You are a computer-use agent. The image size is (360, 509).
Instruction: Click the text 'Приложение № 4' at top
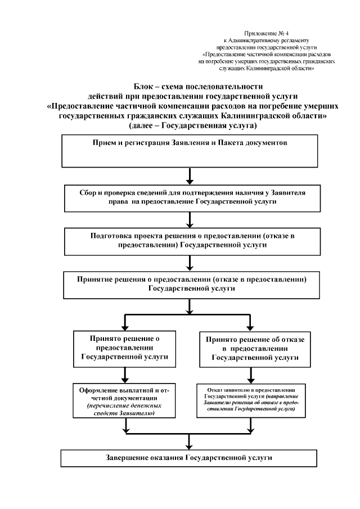click(x=268, y=34)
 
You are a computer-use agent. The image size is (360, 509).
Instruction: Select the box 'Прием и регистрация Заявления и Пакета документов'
click(x=190, y=152)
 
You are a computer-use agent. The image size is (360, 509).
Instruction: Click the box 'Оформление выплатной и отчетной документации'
click(x=125, y=401)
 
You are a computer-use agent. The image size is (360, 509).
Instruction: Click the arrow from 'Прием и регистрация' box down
click(x=191, y=176)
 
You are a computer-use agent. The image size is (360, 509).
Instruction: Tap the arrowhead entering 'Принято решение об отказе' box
click(x=250, y=327)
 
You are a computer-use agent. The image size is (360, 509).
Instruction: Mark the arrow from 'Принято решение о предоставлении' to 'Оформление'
click(x=125, y=374)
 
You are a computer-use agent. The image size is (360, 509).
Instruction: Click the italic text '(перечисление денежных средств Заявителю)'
click(x=125, y=409)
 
